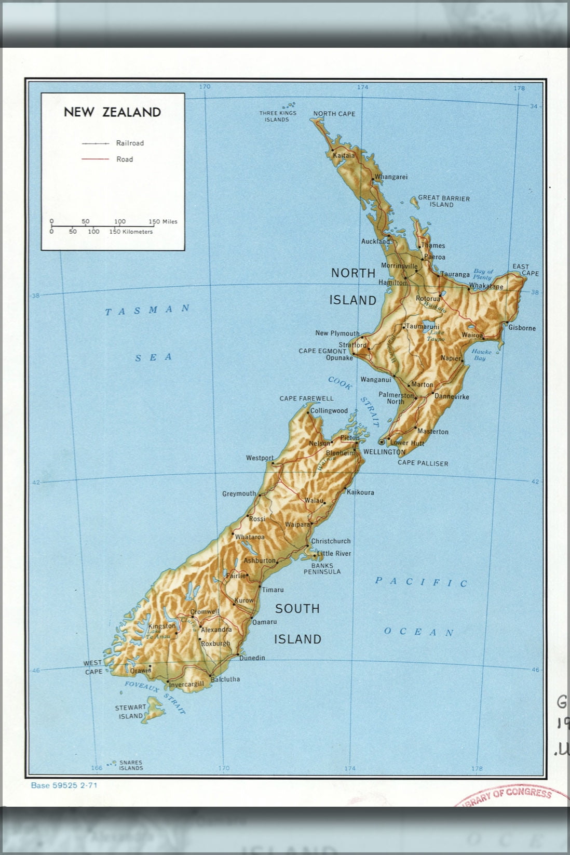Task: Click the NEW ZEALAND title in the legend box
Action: [112, 112]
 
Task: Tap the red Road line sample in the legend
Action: [95, 159]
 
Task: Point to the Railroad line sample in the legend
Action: [95, 143]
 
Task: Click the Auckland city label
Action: [375, 242]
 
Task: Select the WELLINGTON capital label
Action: [384, 452]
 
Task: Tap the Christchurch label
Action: [331, 541]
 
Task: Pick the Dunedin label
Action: [252, 658]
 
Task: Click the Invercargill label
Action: [186, 685]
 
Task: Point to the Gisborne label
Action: [522, 328]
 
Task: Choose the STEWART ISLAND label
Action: [130, 712]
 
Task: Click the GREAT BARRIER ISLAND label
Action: [444, 202]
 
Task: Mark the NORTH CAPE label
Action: [334, 114]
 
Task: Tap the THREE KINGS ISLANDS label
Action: [278, 116]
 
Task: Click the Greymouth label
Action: [239, 494]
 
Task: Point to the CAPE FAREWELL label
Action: [306, 399]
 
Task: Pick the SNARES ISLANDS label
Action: [131, 766]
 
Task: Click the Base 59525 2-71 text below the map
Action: [64, 785]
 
